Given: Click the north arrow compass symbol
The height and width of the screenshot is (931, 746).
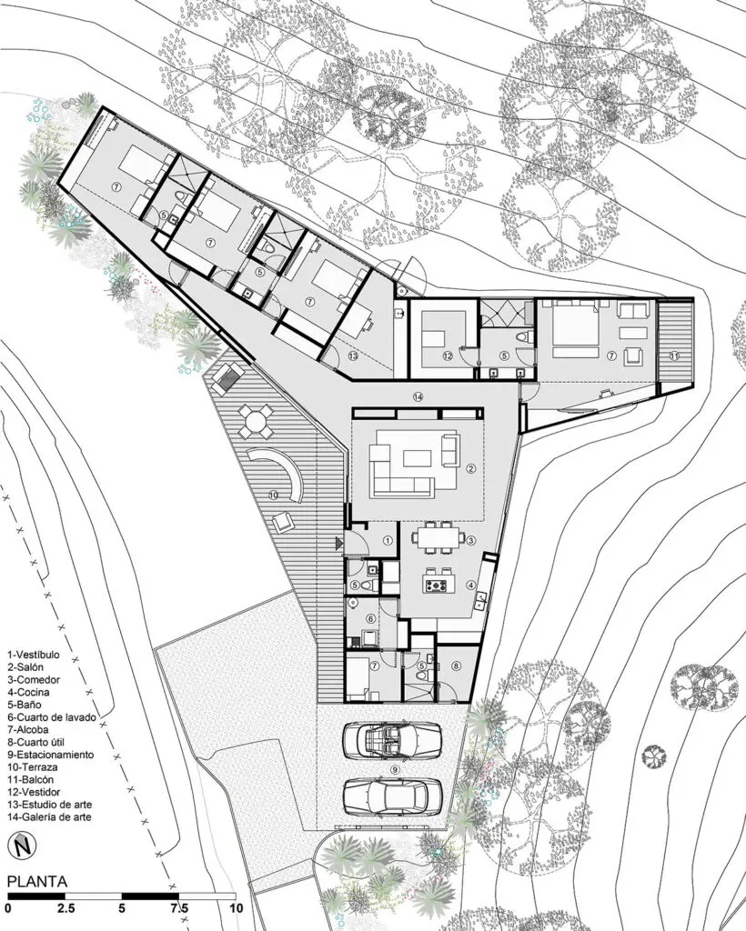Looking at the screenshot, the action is pyautogui.click(x=23, y=845).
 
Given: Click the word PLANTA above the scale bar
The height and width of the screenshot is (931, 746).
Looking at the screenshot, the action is pyautogui.click(x=36, y=882).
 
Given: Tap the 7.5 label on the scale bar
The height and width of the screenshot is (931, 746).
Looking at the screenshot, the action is pyautogui.click(x=179, y=908).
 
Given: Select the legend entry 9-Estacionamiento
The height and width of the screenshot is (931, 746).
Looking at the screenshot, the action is pyautogui.click(x=50, y=755).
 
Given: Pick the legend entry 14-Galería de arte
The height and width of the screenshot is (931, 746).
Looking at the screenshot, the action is pyautogui.click(x=50, y=817).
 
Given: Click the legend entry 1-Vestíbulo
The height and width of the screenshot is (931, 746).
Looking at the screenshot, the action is pyautogui.click(x=34, y=655).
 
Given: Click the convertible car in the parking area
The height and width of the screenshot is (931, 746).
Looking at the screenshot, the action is pyautogui.click(x=392, y=739).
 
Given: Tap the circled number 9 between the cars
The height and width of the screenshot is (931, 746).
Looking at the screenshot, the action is pyautogui.click(x=393, y=769).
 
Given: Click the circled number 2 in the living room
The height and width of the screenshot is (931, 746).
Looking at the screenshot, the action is pyautogui.click(x=470, y=468).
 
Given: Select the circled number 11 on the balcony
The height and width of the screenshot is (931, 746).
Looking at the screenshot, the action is pyautogui.click(x=674, y=355).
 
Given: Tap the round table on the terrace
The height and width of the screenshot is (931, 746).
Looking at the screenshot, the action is pyautogui.click(x=256, y=422).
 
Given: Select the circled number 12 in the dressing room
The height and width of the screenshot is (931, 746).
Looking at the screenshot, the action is pyautogui.click(x=448, y=355).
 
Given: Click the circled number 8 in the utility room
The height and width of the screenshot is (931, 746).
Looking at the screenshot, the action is pyautogui.click(x=456, y=666).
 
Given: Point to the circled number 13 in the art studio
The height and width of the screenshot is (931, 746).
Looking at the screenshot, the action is pyautogui.click(x=353, y=355).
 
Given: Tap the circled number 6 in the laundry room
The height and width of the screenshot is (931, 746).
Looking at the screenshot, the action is pyautogui.click(x=371, y=618).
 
